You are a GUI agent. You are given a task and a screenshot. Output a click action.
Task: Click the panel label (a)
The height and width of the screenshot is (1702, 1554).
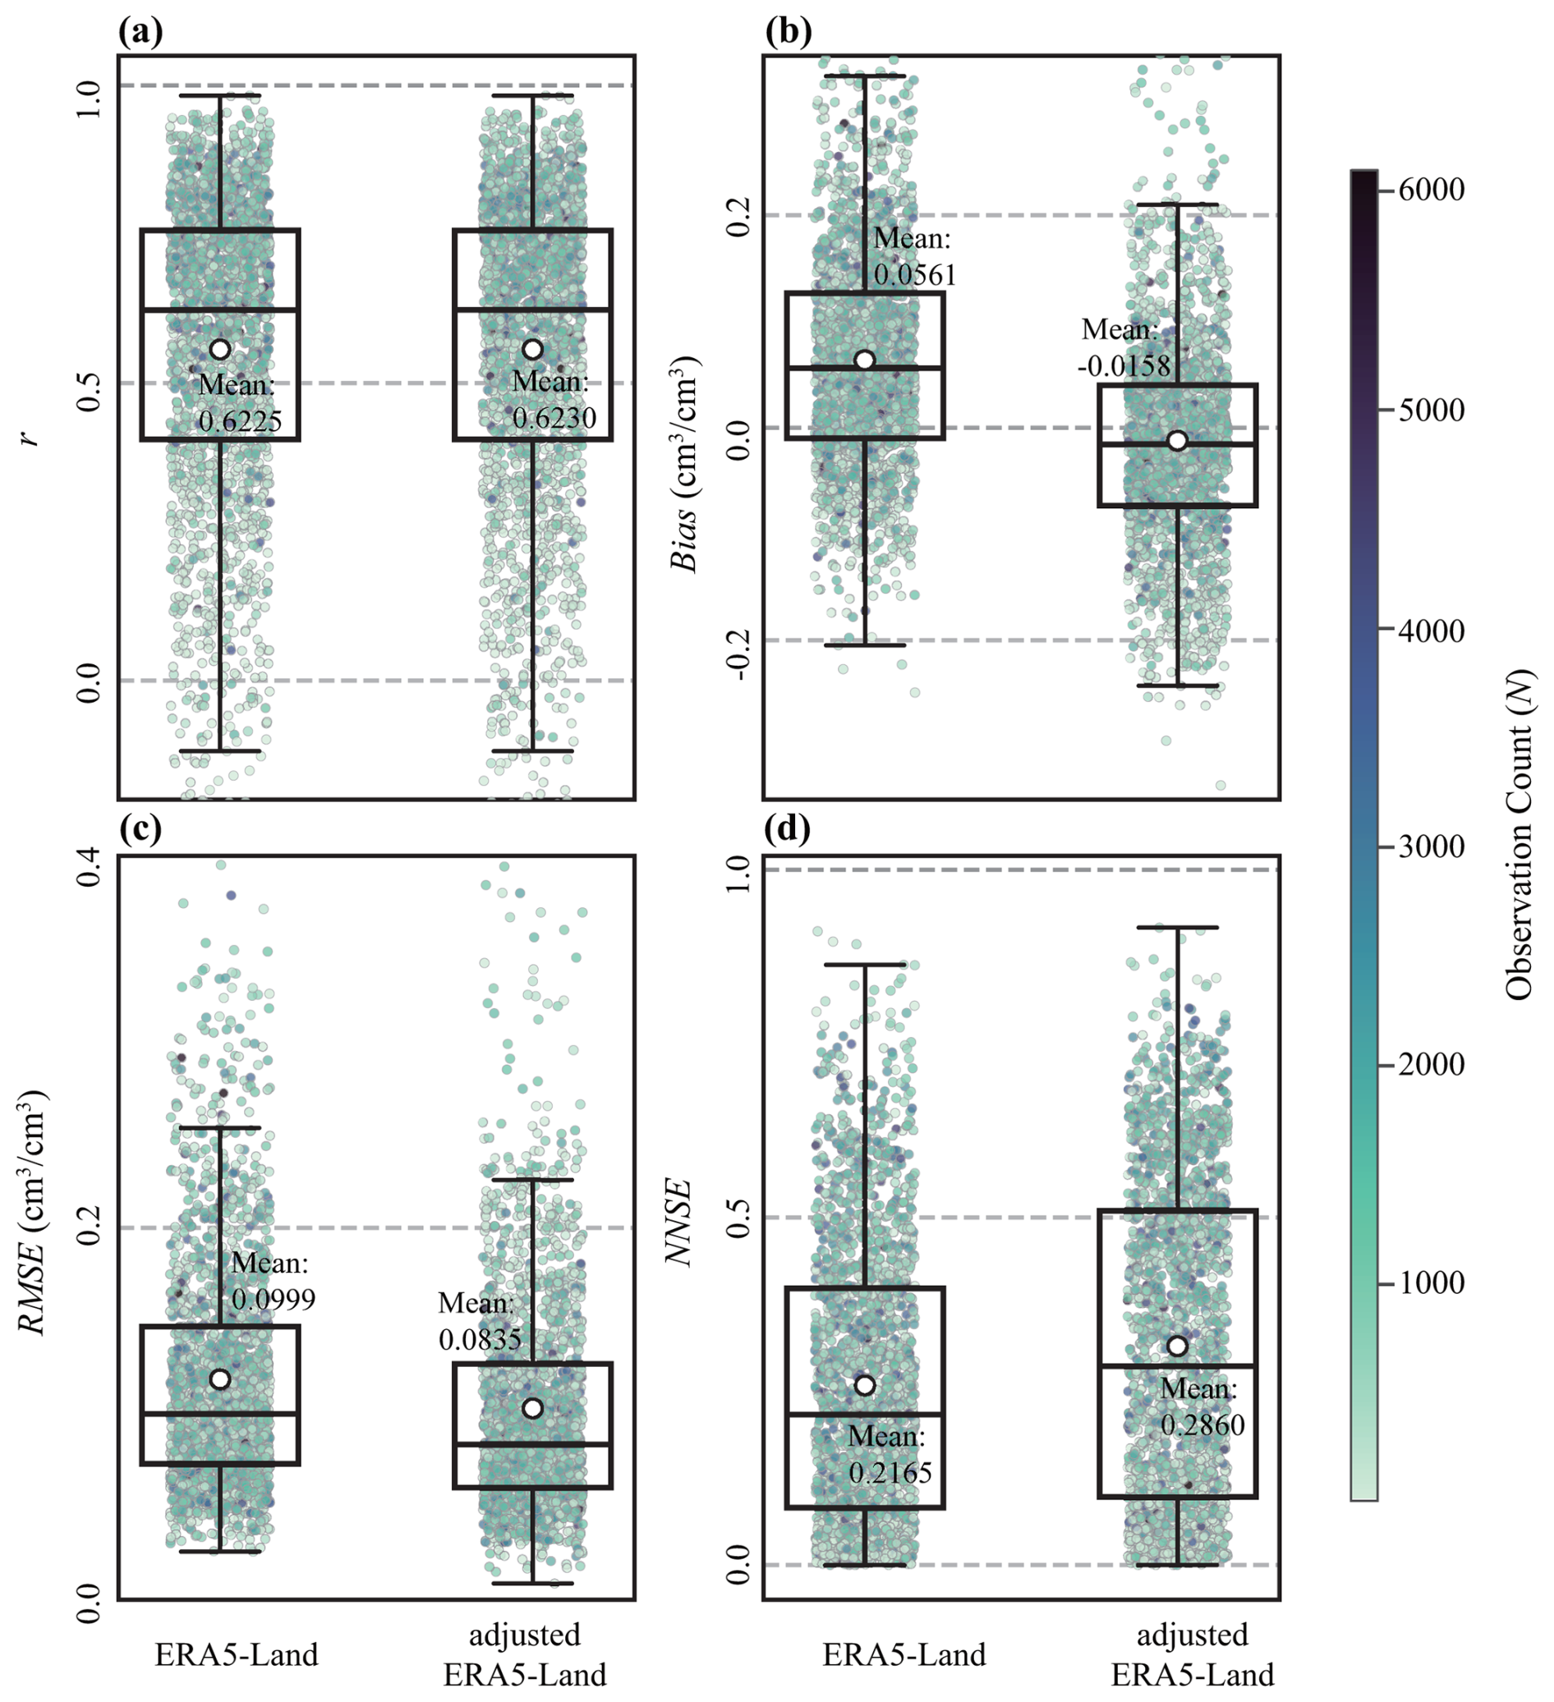(x=140, y=32)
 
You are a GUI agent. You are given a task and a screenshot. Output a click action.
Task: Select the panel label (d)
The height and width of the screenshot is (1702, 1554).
(x=786, y=829)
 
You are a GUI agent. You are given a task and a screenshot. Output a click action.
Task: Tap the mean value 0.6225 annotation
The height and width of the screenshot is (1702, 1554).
(x=240, y=420)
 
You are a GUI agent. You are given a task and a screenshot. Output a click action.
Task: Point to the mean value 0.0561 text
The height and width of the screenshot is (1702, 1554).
(x=915, y=274)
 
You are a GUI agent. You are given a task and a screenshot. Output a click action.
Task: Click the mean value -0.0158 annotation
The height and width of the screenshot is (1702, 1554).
(x=1124, y=365)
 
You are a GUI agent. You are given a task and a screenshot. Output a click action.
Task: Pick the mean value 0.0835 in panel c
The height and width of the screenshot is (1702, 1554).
(x=480, y=1339)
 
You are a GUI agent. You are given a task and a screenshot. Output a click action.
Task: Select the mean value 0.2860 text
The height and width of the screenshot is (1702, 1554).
(x=1202, y=1425)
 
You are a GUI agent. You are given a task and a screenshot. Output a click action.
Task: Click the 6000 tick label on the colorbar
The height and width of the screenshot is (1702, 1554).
(x=1431, y=190)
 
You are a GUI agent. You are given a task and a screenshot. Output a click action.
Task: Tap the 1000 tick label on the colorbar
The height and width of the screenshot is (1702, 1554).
(x=1431, y=1283)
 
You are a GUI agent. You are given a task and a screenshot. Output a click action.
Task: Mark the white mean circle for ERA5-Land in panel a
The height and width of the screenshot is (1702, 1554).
(x=220, y=349)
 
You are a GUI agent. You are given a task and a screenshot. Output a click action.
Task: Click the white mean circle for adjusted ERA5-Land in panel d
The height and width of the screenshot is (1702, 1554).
(x=1177, y=1346)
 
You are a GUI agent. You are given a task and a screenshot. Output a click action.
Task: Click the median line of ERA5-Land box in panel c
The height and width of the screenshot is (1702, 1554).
(x=220, y=1412)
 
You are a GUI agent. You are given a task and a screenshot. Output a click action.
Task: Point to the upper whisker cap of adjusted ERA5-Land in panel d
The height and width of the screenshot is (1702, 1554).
(x=1177, y=927)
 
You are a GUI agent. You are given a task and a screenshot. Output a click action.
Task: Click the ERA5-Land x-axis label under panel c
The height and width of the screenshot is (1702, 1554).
(x=237, y=1654)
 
